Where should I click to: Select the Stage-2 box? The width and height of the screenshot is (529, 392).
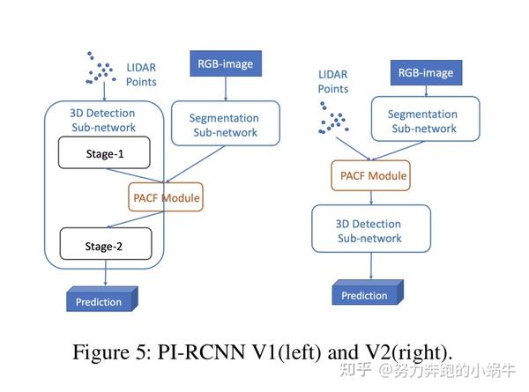click(105, 247)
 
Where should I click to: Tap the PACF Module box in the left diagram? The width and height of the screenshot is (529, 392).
click(165, 198)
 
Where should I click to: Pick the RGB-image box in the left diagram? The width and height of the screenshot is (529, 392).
click(226, 63)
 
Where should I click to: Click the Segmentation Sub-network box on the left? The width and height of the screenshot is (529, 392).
click(225, 125)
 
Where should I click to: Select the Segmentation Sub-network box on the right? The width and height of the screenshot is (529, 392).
click(424, 121)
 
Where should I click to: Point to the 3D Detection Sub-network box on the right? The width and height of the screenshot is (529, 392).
click(370, 231)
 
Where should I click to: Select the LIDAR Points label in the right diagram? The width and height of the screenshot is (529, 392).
click(332, 81)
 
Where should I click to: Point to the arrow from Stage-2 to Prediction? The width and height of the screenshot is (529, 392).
click(105, 275)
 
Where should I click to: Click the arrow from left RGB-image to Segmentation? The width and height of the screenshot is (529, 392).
click(227, 88)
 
